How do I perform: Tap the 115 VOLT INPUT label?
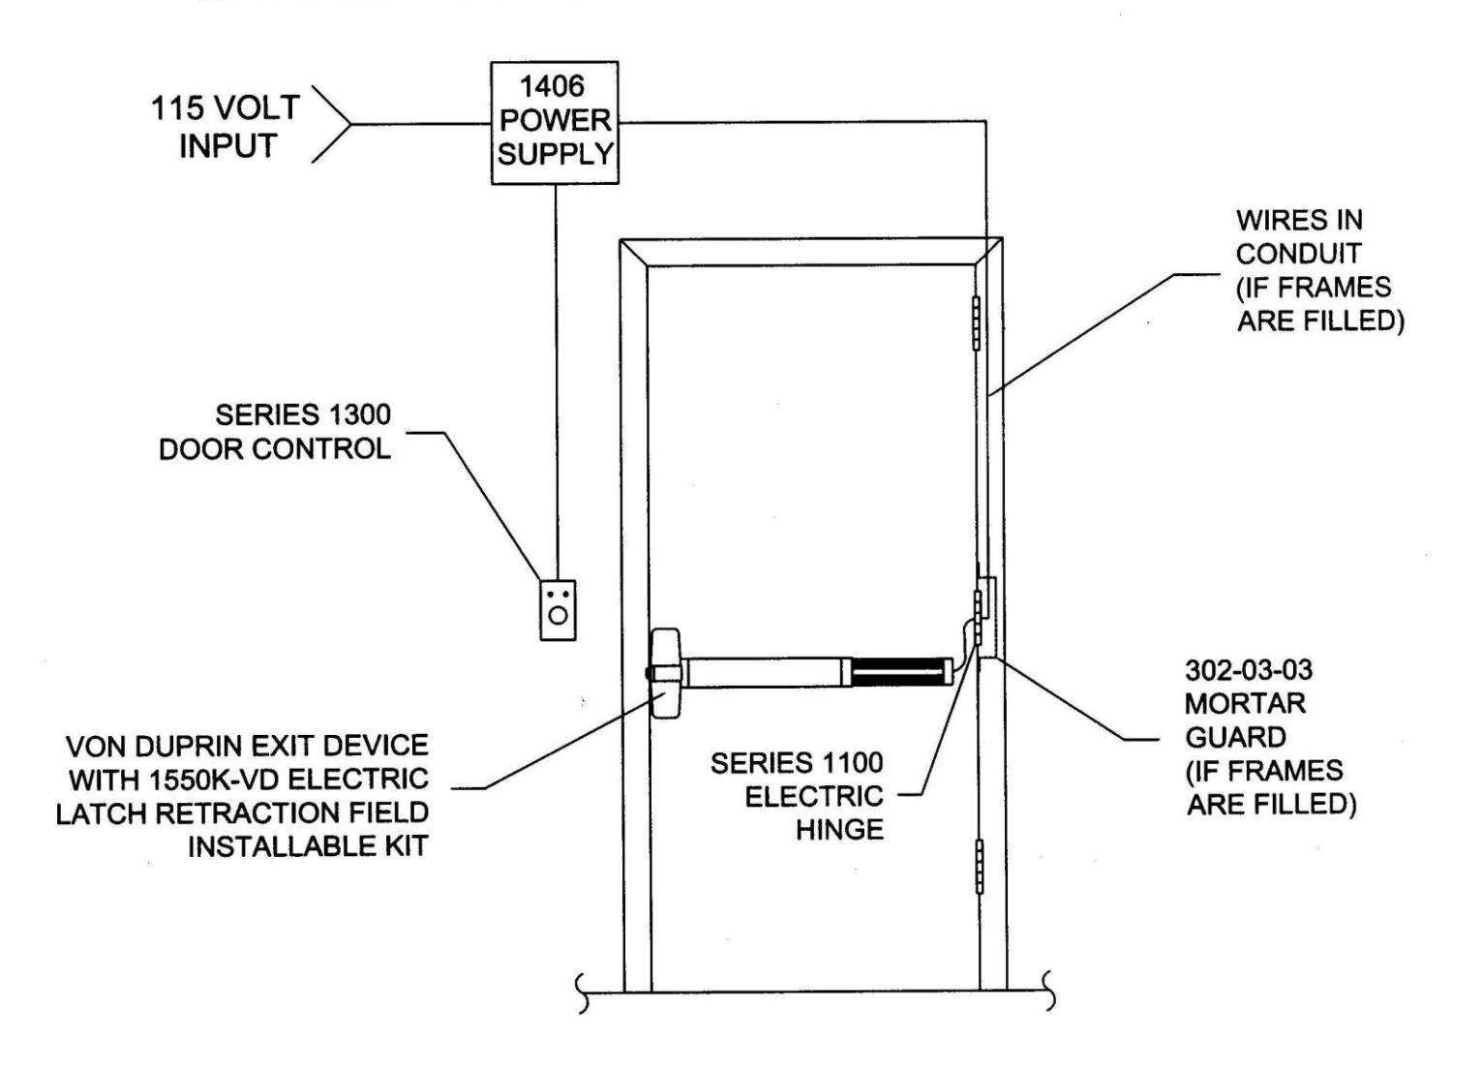[x=226, y=127]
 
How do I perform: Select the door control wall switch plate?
[x=558, y=610]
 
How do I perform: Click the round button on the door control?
[x=559, y=616]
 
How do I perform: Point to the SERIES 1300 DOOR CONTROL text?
[x=275, y=432]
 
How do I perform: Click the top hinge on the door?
[x=976, y=323]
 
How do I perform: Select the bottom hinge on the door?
[x=980, y=867]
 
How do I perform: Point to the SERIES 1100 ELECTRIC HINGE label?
[x=798, y=796]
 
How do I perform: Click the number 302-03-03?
[x=1249, y=670]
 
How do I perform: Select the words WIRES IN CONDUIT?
[x=1299, y=236]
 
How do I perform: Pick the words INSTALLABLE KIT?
[x=309, y=846]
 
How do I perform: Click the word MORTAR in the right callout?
[x=1245, y=703]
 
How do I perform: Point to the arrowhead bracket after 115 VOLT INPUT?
[x=331, y=124]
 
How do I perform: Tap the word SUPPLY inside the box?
[x=556, y=154]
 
